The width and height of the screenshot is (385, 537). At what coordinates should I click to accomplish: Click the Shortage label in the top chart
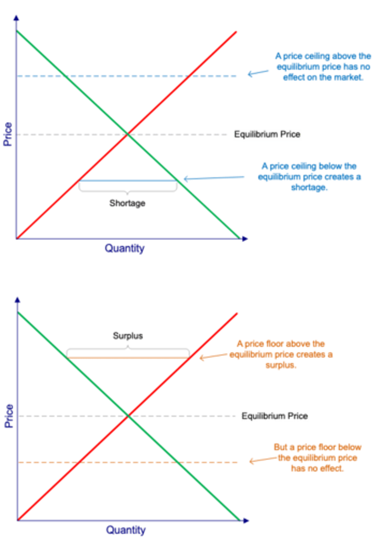[x=127, y=203]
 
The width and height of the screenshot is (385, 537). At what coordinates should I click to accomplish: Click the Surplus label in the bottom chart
[x=128, y=336]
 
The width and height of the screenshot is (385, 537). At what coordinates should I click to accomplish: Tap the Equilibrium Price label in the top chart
[x=267, y=134]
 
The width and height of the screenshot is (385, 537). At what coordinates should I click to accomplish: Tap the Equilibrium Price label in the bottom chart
[x=275, y=416]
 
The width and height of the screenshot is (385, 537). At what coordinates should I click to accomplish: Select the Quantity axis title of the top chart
[x=125, y=248]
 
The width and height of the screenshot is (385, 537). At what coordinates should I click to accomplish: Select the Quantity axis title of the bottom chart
[x=126, y=530]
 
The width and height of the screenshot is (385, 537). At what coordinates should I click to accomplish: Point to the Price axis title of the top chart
[x=8, y=134]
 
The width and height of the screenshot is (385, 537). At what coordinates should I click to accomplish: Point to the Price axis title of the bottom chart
[x=9, y=416]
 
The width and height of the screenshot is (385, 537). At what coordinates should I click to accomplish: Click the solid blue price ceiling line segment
[x=128, y=181]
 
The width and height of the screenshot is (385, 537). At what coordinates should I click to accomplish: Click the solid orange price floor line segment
[x=128, y=358]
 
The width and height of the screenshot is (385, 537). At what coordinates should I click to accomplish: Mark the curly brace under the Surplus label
[x=128, y=349]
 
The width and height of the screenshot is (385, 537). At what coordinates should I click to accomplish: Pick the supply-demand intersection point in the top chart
[x=128, y=133]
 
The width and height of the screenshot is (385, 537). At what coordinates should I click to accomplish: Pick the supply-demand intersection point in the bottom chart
[x=128, y=416]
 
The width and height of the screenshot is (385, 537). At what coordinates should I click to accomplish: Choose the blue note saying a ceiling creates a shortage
[x=309, y=177]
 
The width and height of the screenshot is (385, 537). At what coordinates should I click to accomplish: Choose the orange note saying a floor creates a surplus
[x=282, y=354]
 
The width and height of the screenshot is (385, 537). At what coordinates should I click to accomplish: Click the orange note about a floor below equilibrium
[x=317, y=458]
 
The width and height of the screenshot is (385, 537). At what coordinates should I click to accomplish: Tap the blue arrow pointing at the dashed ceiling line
[x=256, y=73]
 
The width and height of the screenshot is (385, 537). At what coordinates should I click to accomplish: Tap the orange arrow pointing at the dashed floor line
[x=259, y=460]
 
